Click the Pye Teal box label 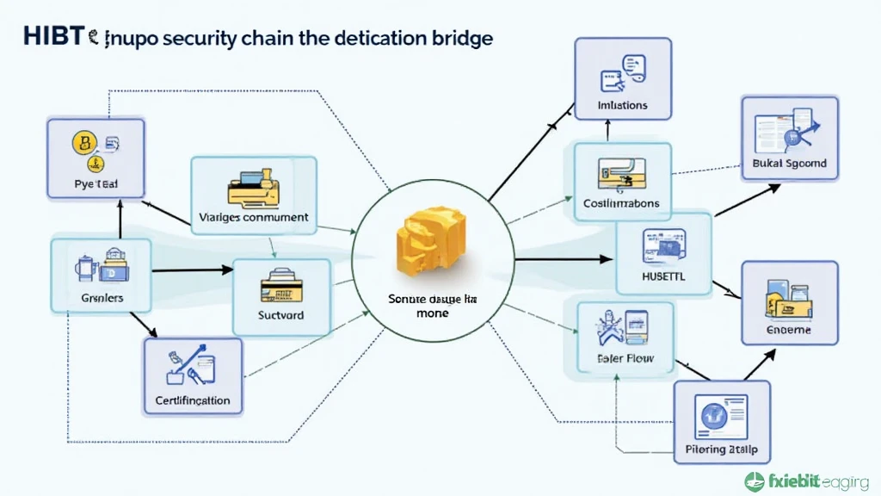95,184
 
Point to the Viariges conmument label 253,218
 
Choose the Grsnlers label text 102,297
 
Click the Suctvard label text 281,315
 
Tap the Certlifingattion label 193,400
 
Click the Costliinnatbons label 621,204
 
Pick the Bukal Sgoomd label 789,163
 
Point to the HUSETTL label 663,278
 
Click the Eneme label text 788,330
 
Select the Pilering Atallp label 722,449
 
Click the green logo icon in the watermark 755,481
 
